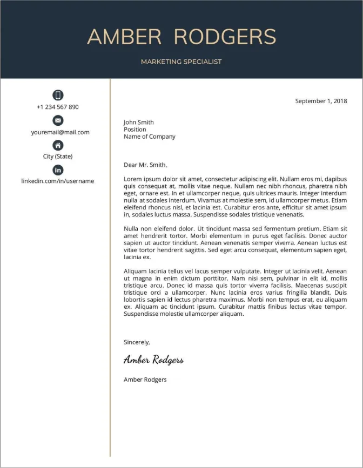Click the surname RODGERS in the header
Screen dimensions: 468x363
click(x=225, y=37)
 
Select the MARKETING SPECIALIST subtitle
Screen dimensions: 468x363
click(x=181, y=62)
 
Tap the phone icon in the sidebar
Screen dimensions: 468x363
click(x=58, y=96)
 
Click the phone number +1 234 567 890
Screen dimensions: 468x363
click(x=58, y=107)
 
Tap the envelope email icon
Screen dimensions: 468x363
click(x=58, y=120)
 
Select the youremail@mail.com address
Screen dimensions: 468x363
click(x=60, y=132)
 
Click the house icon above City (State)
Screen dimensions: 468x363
click(x=58, y=145)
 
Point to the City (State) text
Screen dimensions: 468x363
click(x=58, y=157)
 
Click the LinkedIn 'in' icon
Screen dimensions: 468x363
click(x=58, y=170)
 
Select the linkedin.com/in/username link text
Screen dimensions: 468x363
click(x=58, y=181)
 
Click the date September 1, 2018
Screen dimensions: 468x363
click(x=321, y=101)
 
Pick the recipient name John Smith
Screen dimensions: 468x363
click(x=139, y=123)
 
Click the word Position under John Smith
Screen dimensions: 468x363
click(x=135, y=130)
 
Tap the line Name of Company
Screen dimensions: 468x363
click(x=150, y=137)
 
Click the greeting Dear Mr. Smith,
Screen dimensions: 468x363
click(x=145, y=165)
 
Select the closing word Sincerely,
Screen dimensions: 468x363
click(x=137, y=342)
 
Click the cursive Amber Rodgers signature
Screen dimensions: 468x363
click(x=153, y=360)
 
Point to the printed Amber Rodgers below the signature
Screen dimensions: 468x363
click(x=145, y=379)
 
